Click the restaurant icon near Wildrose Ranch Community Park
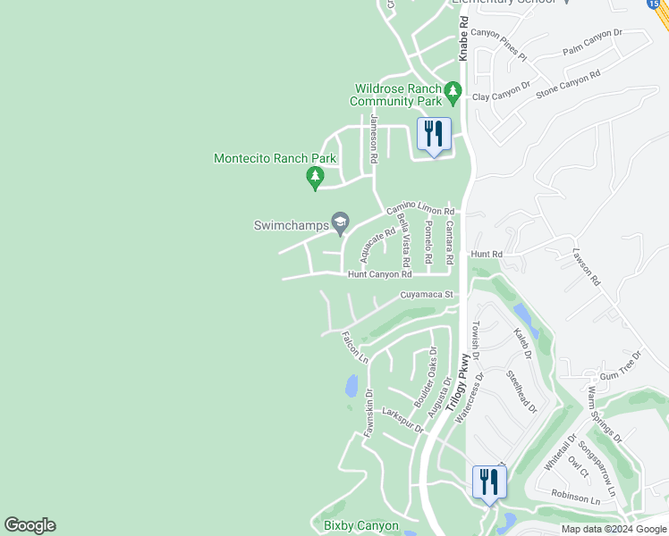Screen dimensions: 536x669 [x=434, y=135]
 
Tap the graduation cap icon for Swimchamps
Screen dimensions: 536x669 [x=340, y=222]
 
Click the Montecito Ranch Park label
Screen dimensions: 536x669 [x=275, y=159]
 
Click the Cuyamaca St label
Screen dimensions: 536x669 [x=428, y=294]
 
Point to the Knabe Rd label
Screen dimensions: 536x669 [x=463, y=38]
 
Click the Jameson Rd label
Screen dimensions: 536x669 [x=374, y=139]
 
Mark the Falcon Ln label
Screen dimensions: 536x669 [x=355, y=347]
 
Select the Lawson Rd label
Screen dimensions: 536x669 [x=587, y=266]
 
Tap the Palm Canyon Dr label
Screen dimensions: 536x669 [x=591, y=44]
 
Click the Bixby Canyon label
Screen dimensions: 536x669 [x=360, y=526]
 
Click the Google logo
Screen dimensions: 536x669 [x=30, y=525]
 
